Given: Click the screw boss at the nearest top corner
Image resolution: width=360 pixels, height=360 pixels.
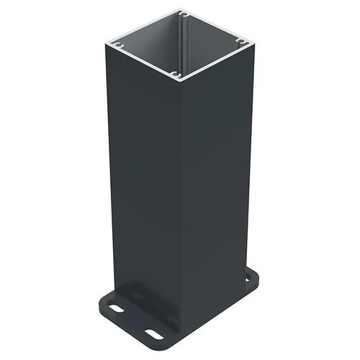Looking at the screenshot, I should coord(175,73).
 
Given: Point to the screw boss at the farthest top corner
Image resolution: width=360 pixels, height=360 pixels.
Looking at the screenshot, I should coord(184,14).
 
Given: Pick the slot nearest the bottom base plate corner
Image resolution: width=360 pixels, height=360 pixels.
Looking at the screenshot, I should coord(153,333).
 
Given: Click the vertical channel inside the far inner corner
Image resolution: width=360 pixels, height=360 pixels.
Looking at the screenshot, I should coord(184,32).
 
